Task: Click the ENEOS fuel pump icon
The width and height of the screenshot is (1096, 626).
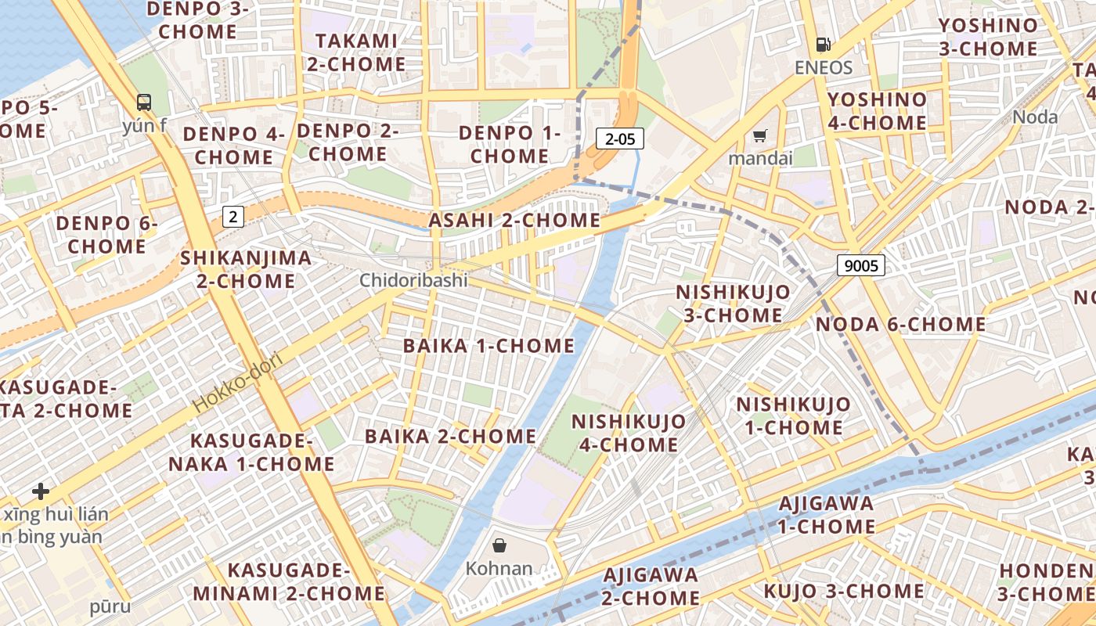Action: pos(823,45)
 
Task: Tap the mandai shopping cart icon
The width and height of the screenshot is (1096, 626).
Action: pos(759,136)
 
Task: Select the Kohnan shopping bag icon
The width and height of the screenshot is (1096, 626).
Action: pos(499,545)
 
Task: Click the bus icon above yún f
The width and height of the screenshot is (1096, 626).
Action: pos(144,102)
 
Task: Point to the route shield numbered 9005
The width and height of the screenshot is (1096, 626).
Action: pos(861,265)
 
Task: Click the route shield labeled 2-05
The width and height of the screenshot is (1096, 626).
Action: pos(619,139)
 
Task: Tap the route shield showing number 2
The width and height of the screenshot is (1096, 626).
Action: pos(233,216)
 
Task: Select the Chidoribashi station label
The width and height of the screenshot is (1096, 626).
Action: pos(413,280)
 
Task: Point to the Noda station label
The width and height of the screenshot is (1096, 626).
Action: pos(1035,117)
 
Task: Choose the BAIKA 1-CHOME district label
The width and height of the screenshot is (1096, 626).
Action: pos(489,346)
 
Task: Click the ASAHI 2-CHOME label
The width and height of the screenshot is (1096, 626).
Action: pos(514,221)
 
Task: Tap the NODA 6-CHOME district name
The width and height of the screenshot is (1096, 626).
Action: pos(900,324)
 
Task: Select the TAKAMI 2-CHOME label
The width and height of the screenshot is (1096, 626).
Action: pos(356,52)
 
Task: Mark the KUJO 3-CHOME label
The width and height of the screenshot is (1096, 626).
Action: pos(844,591)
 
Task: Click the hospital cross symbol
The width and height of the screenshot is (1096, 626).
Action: pos(41,491)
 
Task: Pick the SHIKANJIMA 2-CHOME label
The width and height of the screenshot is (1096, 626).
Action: pos(246,269)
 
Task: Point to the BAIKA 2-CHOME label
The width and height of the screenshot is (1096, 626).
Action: pos(450,436)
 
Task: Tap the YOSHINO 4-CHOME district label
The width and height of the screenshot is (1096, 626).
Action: pos(877,111)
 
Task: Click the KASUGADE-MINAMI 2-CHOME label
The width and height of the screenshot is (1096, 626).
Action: pos(288,581)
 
